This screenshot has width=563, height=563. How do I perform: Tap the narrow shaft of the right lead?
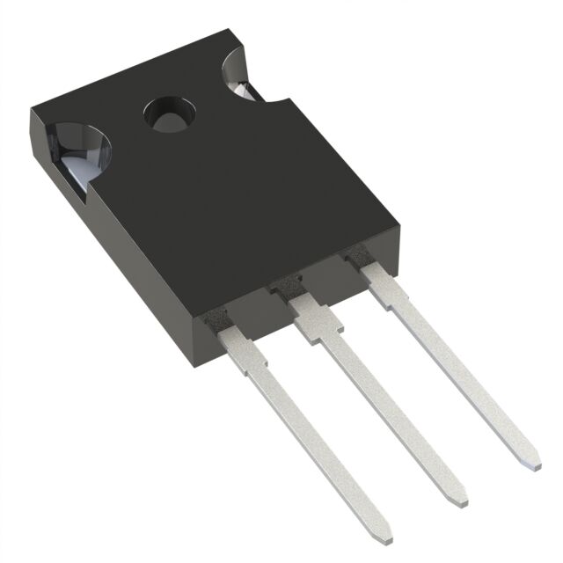point(457,369)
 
